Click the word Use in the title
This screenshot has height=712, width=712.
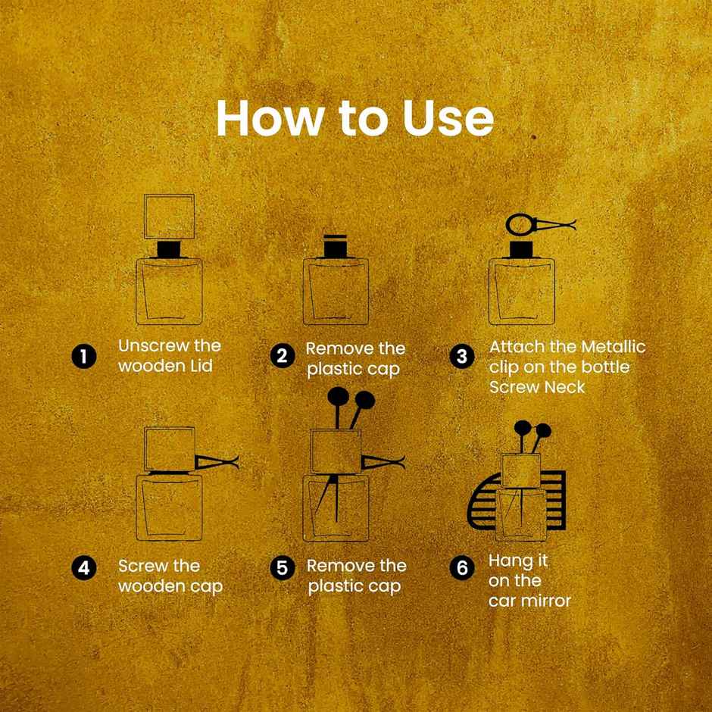[448, 118]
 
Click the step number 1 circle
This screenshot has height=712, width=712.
[84, 357]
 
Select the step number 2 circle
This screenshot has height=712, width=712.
[282, 355]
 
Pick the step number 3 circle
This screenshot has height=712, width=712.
[462, 357]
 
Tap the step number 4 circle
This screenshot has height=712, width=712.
[84, 568]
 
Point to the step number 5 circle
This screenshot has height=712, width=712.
[282, 568]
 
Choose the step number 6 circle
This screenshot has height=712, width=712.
[462, 568]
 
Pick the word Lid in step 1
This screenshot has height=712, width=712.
[201, 366]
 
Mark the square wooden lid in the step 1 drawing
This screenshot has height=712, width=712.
[170, 217]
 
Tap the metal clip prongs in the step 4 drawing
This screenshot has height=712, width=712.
[217, 463]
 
